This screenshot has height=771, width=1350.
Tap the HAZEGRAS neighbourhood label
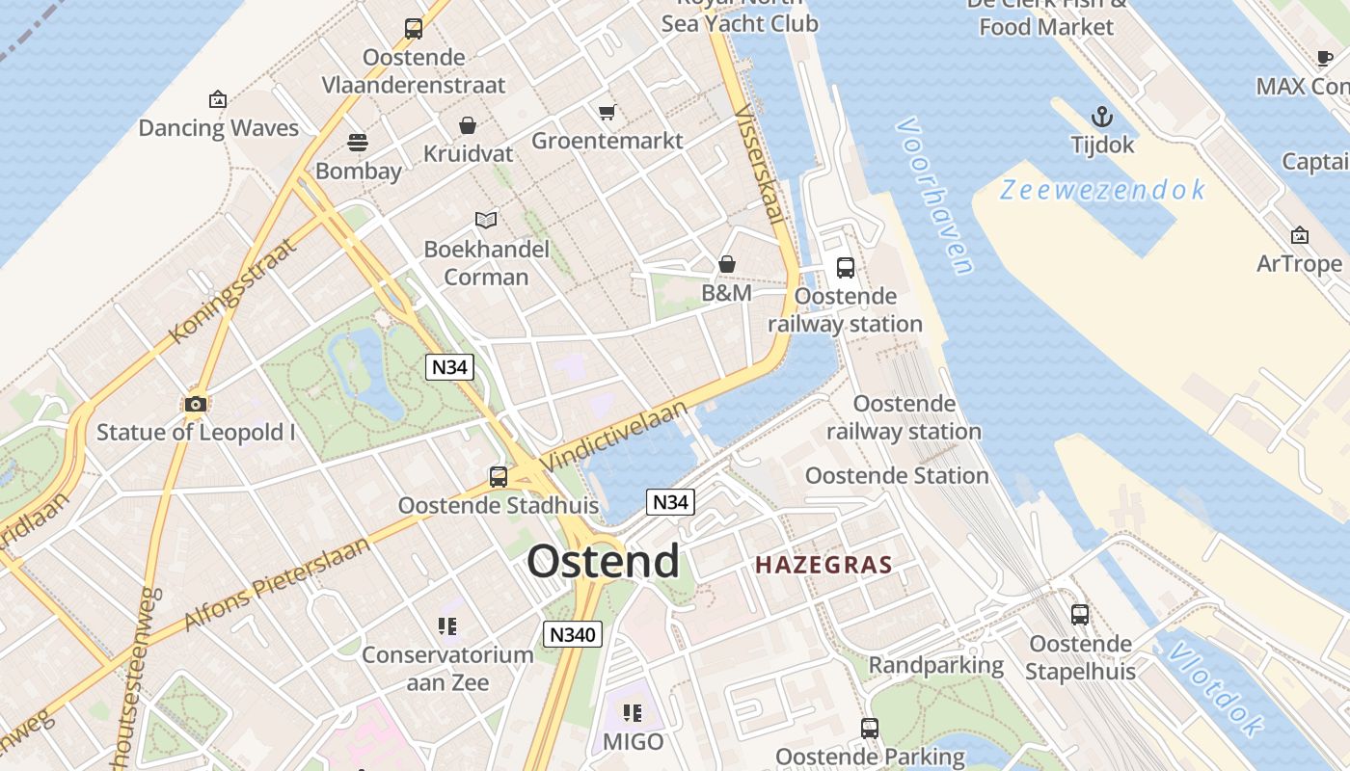click(x=823, y=565)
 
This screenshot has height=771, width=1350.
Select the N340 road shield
click(x=573, y=634)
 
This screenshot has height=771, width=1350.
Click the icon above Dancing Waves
click(x=218, y=99)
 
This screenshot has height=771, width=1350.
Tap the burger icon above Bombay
click(x=358, y=143)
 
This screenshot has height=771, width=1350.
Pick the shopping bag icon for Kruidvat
click(x=468, y=125)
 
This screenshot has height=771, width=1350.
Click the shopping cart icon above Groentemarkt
click(x=607, y=113)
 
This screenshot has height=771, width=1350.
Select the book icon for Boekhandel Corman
click(x=486, y=221)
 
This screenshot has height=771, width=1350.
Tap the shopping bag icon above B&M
click(x=727, y=264)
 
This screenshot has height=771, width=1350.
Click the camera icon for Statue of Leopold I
click(x=196, y=404)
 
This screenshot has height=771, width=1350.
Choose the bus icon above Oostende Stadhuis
click(x=499, y=476)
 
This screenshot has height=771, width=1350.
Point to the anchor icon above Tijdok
click(x=1102, y=118)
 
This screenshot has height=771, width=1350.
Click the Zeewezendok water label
click(x=1102, y=190)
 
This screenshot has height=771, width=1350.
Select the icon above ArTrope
click(x=1299, y=235)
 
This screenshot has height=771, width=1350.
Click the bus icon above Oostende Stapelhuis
click(x=1080, y=615)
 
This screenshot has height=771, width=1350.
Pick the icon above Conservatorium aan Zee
click(x=446, y=626)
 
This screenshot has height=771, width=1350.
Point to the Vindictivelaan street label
click(x=614, y=437)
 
